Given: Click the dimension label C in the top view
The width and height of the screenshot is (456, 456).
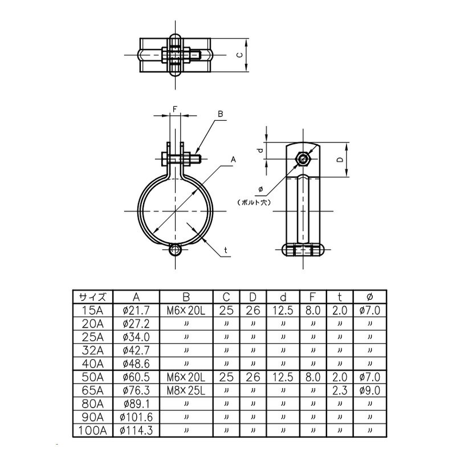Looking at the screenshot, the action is point(239,55).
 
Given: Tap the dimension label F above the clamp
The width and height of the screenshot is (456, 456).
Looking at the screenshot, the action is point(175,109).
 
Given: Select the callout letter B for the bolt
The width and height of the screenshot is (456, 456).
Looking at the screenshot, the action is point(221,114).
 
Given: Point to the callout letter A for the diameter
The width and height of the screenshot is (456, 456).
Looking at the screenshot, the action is point(233,160).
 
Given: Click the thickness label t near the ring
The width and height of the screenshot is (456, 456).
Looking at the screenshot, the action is point(226,250).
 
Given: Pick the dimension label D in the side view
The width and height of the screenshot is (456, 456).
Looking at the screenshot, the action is point(340,160).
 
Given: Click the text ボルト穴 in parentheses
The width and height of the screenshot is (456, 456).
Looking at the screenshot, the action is point(254,202).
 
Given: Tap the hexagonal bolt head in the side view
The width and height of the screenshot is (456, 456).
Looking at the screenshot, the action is point(303,159).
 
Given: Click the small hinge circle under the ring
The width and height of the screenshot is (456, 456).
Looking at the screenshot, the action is point(175,250).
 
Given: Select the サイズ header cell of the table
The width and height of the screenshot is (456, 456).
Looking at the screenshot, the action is point(92,297).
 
